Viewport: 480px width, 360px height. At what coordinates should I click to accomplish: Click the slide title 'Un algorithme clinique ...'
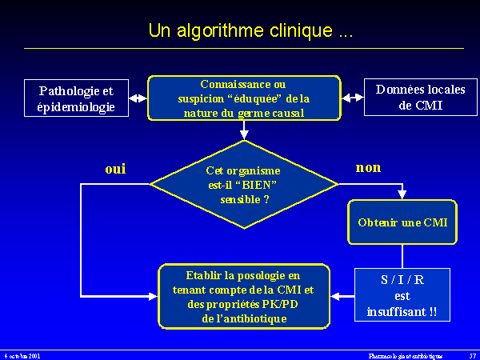click(x=250, y=31)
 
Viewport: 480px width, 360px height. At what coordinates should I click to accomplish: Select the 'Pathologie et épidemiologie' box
click(x=76, y=98)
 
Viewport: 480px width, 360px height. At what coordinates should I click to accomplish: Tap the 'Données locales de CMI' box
click(x=409, y=98)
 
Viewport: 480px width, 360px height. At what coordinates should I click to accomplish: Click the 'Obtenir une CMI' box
click(x=402, y=222)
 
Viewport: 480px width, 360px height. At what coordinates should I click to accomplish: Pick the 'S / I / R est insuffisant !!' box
click(x=402, y=294)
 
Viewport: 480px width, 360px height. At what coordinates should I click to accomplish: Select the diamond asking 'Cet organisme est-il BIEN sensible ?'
click(x=244, y=185)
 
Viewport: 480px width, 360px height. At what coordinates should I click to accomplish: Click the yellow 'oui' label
click(x=115, y=169)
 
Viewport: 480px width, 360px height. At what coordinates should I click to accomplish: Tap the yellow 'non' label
click(x=367, y=167)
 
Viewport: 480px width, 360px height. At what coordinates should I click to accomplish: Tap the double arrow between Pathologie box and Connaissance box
click(x=138, y=98)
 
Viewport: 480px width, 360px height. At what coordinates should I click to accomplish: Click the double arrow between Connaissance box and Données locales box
click(x=353, y=98)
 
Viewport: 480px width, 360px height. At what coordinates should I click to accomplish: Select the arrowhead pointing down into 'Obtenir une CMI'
click(x=402, y=194)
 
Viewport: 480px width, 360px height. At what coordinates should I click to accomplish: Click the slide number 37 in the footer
click(x=472, y=354)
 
